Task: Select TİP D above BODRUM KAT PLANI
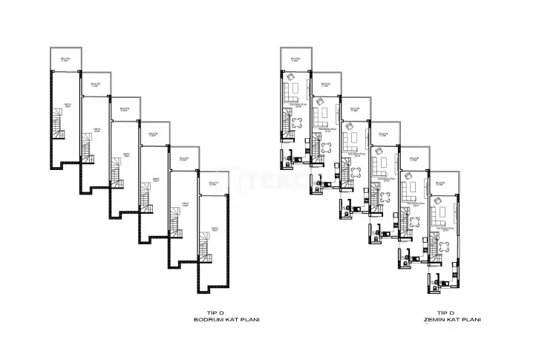point(215,312)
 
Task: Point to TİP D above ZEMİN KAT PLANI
point(445,312)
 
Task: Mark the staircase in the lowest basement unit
point(204,240)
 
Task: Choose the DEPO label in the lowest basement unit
point(214,228)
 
